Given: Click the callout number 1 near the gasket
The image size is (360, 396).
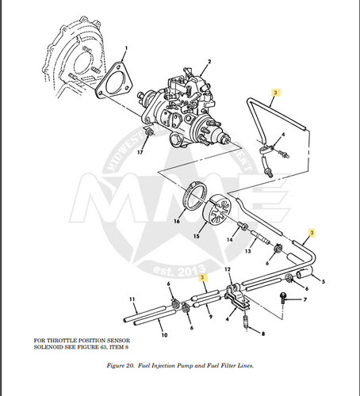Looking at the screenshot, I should (126, 49).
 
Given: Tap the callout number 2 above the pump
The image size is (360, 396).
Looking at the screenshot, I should (209, 62).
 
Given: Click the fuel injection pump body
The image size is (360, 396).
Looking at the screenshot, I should (188, 111).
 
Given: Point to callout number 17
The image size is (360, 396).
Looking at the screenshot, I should (140, 152).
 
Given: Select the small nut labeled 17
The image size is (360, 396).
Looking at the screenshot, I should (142, 140).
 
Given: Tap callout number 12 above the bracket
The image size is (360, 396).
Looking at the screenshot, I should (229, 270).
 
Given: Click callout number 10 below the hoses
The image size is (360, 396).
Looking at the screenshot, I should (163, 336).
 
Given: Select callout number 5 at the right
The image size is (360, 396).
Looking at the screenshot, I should (323, 282).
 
